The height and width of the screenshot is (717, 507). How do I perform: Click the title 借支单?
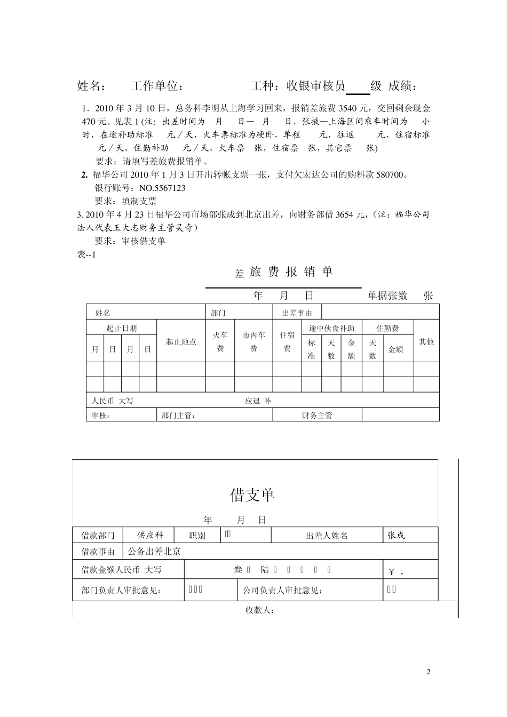(252, 495)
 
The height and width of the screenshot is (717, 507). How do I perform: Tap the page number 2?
(429, 671)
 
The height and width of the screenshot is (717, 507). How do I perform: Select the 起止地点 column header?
(181, 342)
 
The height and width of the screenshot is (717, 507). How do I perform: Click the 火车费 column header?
(220, 341)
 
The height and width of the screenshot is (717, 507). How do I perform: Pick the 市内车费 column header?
(253, 341)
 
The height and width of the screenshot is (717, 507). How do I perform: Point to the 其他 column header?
(426, 342)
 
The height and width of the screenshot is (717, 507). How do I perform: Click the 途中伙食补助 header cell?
(331, 328)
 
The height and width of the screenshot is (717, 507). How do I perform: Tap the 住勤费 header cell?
(387, 328)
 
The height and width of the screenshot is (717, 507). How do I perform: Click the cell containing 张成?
(396, 535)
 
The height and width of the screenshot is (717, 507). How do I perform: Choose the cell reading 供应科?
(150, 535)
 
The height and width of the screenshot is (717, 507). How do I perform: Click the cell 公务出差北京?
(154, 552)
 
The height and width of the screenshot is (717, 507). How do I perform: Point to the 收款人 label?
(260, 610)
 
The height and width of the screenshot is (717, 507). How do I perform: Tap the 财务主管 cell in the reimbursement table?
(317, 415)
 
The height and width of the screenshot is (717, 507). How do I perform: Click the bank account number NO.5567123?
(162, 188)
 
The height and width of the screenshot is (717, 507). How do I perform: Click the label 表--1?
(86, 254)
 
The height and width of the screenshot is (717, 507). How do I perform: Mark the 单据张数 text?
(387, 296)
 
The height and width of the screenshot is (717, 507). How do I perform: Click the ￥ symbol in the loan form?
(392, 572)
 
